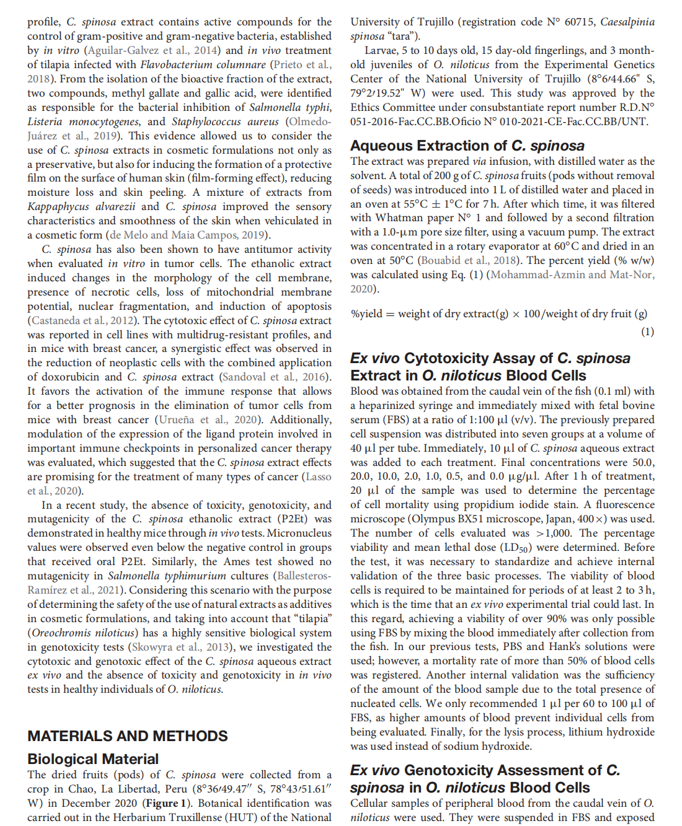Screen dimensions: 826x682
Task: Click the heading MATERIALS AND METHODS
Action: coord(128,736)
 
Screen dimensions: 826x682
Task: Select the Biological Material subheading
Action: coord(93,759)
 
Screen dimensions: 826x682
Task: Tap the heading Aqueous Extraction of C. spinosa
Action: coord(467,146)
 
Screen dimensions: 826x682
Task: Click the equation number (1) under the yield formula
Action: coord(647,332)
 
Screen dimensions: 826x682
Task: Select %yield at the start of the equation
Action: coord(366,314)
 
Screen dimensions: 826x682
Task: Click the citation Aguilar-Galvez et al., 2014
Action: coord(153,50)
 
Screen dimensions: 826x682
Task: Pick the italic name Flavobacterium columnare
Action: coord(204,64)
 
